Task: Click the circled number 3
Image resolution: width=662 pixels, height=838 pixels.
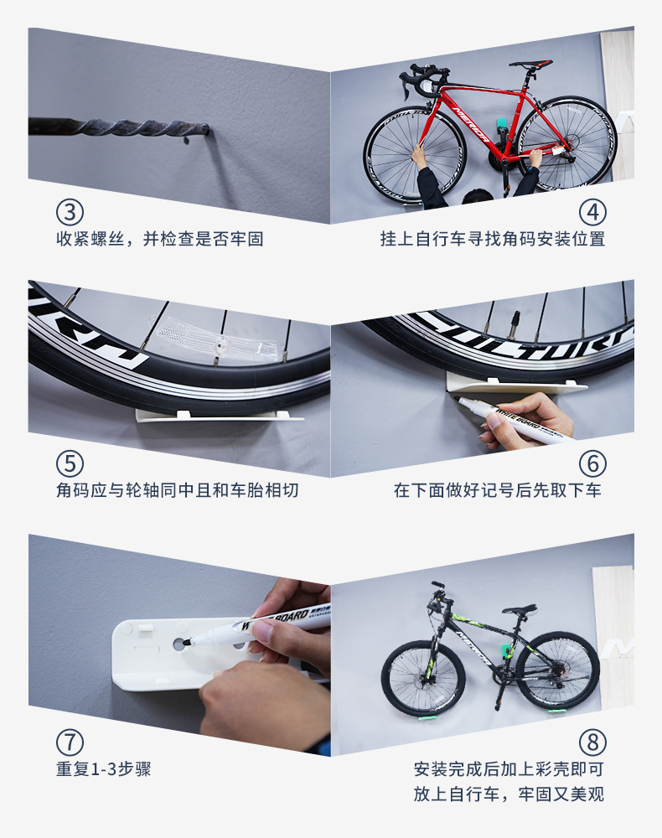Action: point(70,212)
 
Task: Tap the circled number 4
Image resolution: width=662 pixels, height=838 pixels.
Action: point(592,212)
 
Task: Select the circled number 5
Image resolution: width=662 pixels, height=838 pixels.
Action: point(70,464)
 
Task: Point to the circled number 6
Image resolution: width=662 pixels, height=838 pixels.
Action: point(592,464)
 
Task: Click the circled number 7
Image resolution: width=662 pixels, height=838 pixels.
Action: point(70,742)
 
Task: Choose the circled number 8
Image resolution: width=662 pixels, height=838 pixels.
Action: point(592,742)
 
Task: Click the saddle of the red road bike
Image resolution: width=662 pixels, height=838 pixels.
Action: point(530,65)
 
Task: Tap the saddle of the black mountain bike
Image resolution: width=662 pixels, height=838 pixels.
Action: point(519,609)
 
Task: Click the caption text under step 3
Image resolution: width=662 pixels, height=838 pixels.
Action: point(160,239)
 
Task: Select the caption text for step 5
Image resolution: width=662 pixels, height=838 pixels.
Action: point(178,490)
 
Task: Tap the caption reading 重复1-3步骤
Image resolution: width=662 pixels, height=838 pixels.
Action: point(104,769)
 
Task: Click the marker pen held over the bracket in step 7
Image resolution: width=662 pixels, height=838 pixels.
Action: point(256,626)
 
